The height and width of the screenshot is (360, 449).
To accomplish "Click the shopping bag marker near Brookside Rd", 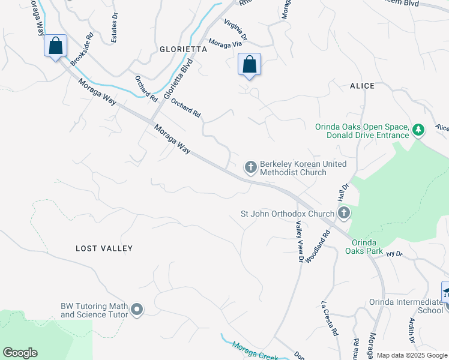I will coord(55,46).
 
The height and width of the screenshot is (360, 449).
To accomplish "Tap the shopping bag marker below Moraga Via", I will coord(249,64).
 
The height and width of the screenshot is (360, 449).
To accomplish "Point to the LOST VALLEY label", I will coord(104,248).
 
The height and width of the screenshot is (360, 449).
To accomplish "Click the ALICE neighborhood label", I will coord(362,86).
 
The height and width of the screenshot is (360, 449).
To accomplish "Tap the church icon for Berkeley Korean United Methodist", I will coord(250,167).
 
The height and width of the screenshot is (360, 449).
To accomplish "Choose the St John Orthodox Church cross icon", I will coord(343,213).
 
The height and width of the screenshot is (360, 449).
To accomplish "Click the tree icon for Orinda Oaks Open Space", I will coord(419,129).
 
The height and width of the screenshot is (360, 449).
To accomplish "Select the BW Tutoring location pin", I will coord(137,310).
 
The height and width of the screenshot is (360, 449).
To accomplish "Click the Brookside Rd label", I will coord(82,50).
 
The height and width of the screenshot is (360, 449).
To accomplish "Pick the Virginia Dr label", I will coord(236,30).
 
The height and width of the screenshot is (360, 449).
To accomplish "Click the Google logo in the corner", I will coord(20,353).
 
